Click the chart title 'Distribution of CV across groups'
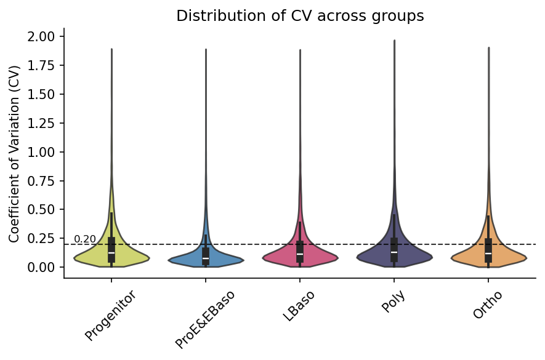pyautogui.click(x=300, y=16)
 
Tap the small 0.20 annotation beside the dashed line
pyautogui.click(x=85, y=239)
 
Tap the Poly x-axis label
pyautogui.click(x=394, y=302)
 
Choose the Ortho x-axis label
pyautogui.click(x=488, y=305)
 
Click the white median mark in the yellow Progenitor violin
pyautogui.click(x=111, y=252)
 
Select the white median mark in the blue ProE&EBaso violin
pyautogui.click(x=206, y=258)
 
